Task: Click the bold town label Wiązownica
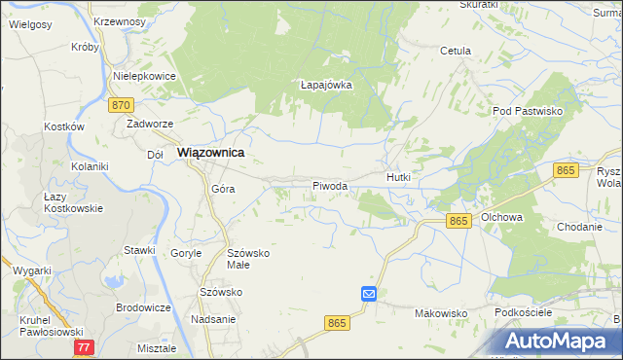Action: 209,153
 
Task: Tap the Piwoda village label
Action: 330,185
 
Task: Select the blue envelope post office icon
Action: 369,293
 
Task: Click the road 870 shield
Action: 121,105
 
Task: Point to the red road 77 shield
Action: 84,346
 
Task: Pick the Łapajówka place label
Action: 325,85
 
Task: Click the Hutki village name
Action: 400,178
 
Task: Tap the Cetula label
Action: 456,51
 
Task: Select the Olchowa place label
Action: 502,217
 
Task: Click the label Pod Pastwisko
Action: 529,112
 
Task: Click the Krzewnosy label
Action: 121,20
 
